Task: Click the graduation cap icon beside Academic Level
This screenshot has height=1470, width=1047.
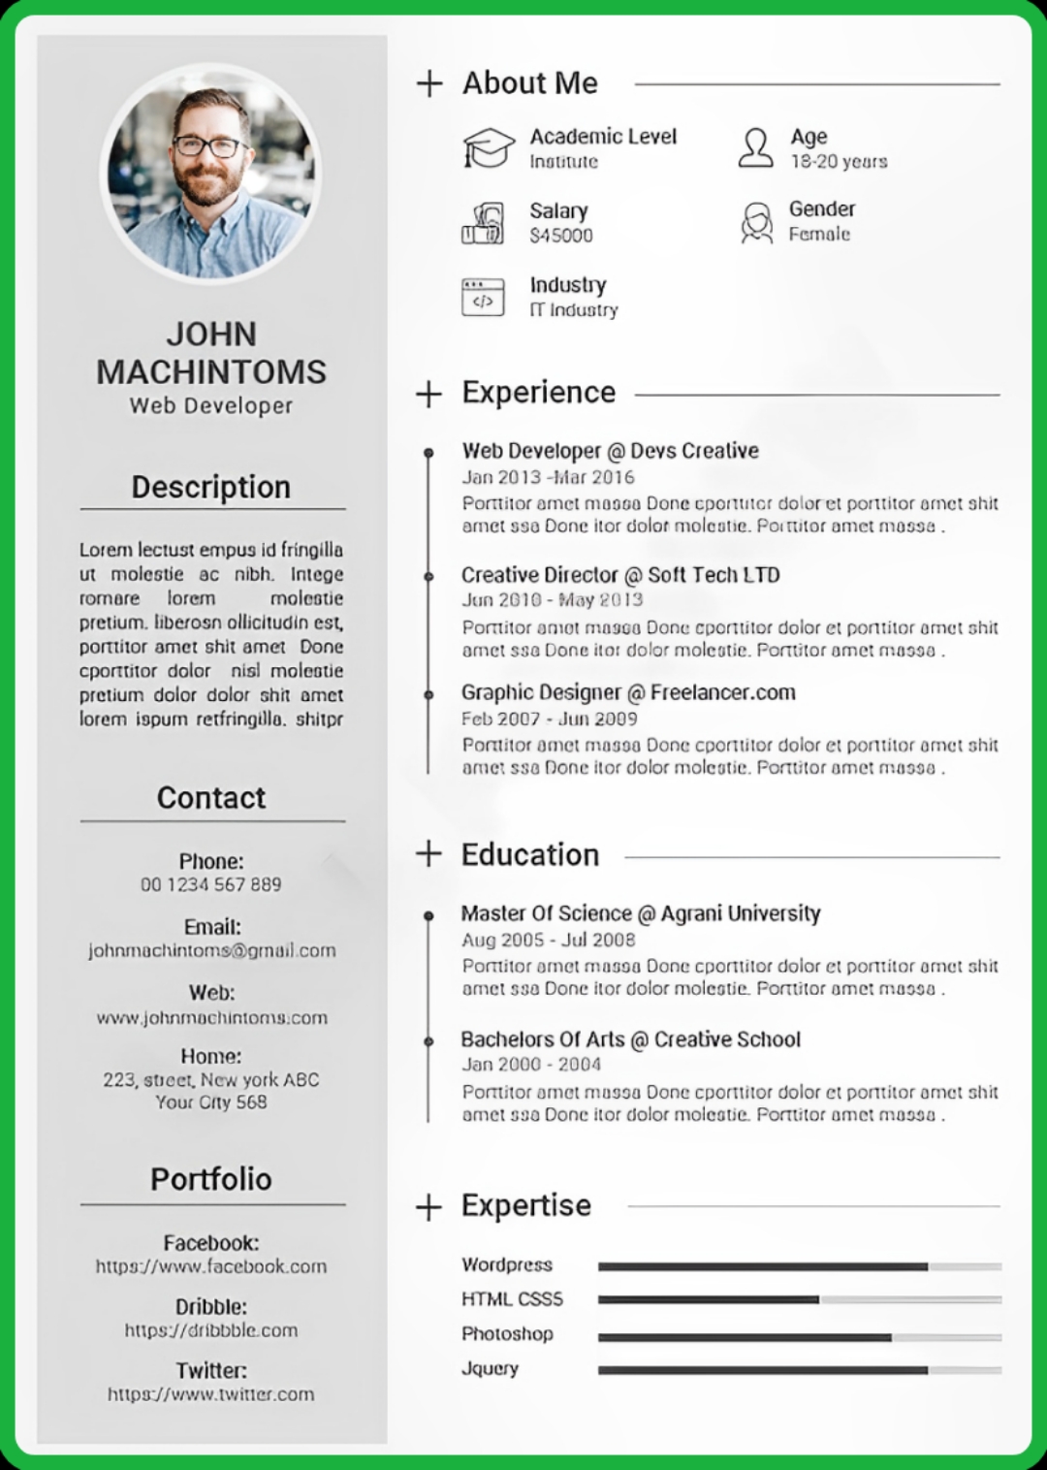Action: tap(488, 147)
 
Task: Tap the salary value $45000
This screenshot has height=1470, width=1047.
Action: tap(561, 236)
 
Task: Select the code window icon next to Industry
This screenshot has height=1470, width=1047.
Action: tap(483, 298)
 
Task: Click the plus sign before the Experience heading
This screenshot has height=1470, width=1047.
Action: tap(428, 395)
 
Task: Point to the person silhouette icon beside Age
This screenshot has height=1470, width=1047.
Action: tap(756, 147)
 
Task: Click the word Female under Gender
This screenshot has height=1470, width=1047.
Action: tap(819, 235)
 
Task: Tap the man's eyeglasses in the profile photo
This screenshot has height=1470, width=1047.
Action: tap(210, 146)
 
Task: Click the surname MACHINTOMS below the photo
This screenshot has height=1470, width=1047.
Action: tap(211, 372)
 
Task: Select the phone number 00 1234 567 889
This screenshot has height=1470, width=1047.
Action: tap(211, 884)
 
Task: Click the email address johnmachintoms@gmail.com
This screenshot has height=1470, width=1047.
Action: tap(211, 950)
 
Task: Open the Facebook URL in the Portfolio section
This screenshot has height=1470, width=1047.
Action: tap(211, 1266)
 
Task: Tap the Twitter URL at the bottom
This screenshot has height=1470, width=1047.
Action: tap(211, 1394)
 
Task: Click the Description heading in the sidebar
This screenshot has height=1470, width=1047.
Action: tap(211, 487)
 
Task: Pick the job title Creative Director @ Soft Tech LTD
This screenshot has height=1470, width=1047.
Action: tap(620, 575)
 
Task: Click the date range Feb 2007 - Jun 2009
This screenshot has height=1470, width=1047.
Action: tap(550, 719)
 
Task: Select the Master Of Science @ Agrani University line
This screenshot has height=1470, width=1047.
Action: tap(641, 913)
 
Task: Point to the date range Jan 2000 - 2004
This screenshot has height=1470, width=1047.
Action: tap(531, 1065)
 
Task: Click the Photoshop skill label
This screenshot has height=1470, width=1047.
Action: tap(507, 1334)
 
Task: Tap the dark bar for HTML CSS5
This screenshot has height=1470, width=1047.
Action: tap(708, 1299)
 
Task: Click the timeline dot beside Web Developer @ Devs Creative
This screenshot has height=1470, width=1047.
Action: tap(428, 453)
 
